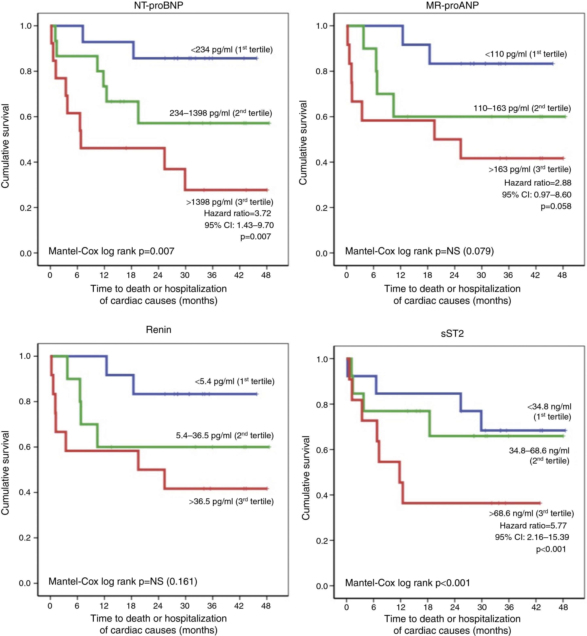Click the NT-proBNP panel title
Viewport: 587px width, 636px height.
pos(159,5)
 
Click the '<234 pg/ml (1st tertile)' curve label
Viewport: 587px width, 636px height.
pos(232,50)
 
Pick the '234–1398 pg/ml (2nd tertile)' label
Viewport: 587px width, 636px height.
pos(221,113)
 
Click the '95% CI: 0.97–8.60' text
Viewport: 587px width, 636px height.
pos(536,195)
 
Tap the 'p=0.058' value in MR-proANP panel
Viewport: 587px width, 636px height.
pos(556,206)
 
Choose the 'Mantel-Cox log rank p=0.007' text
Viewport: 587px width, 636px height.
pos(111,251)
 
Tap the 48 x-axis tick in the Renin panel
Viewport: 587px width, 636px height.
pos(266,606)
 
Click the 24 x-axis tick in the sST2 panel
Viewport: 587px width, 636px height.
pos(455,607)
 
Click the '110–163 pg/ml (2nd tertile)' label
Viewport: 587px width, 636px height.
pos(522,109)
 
